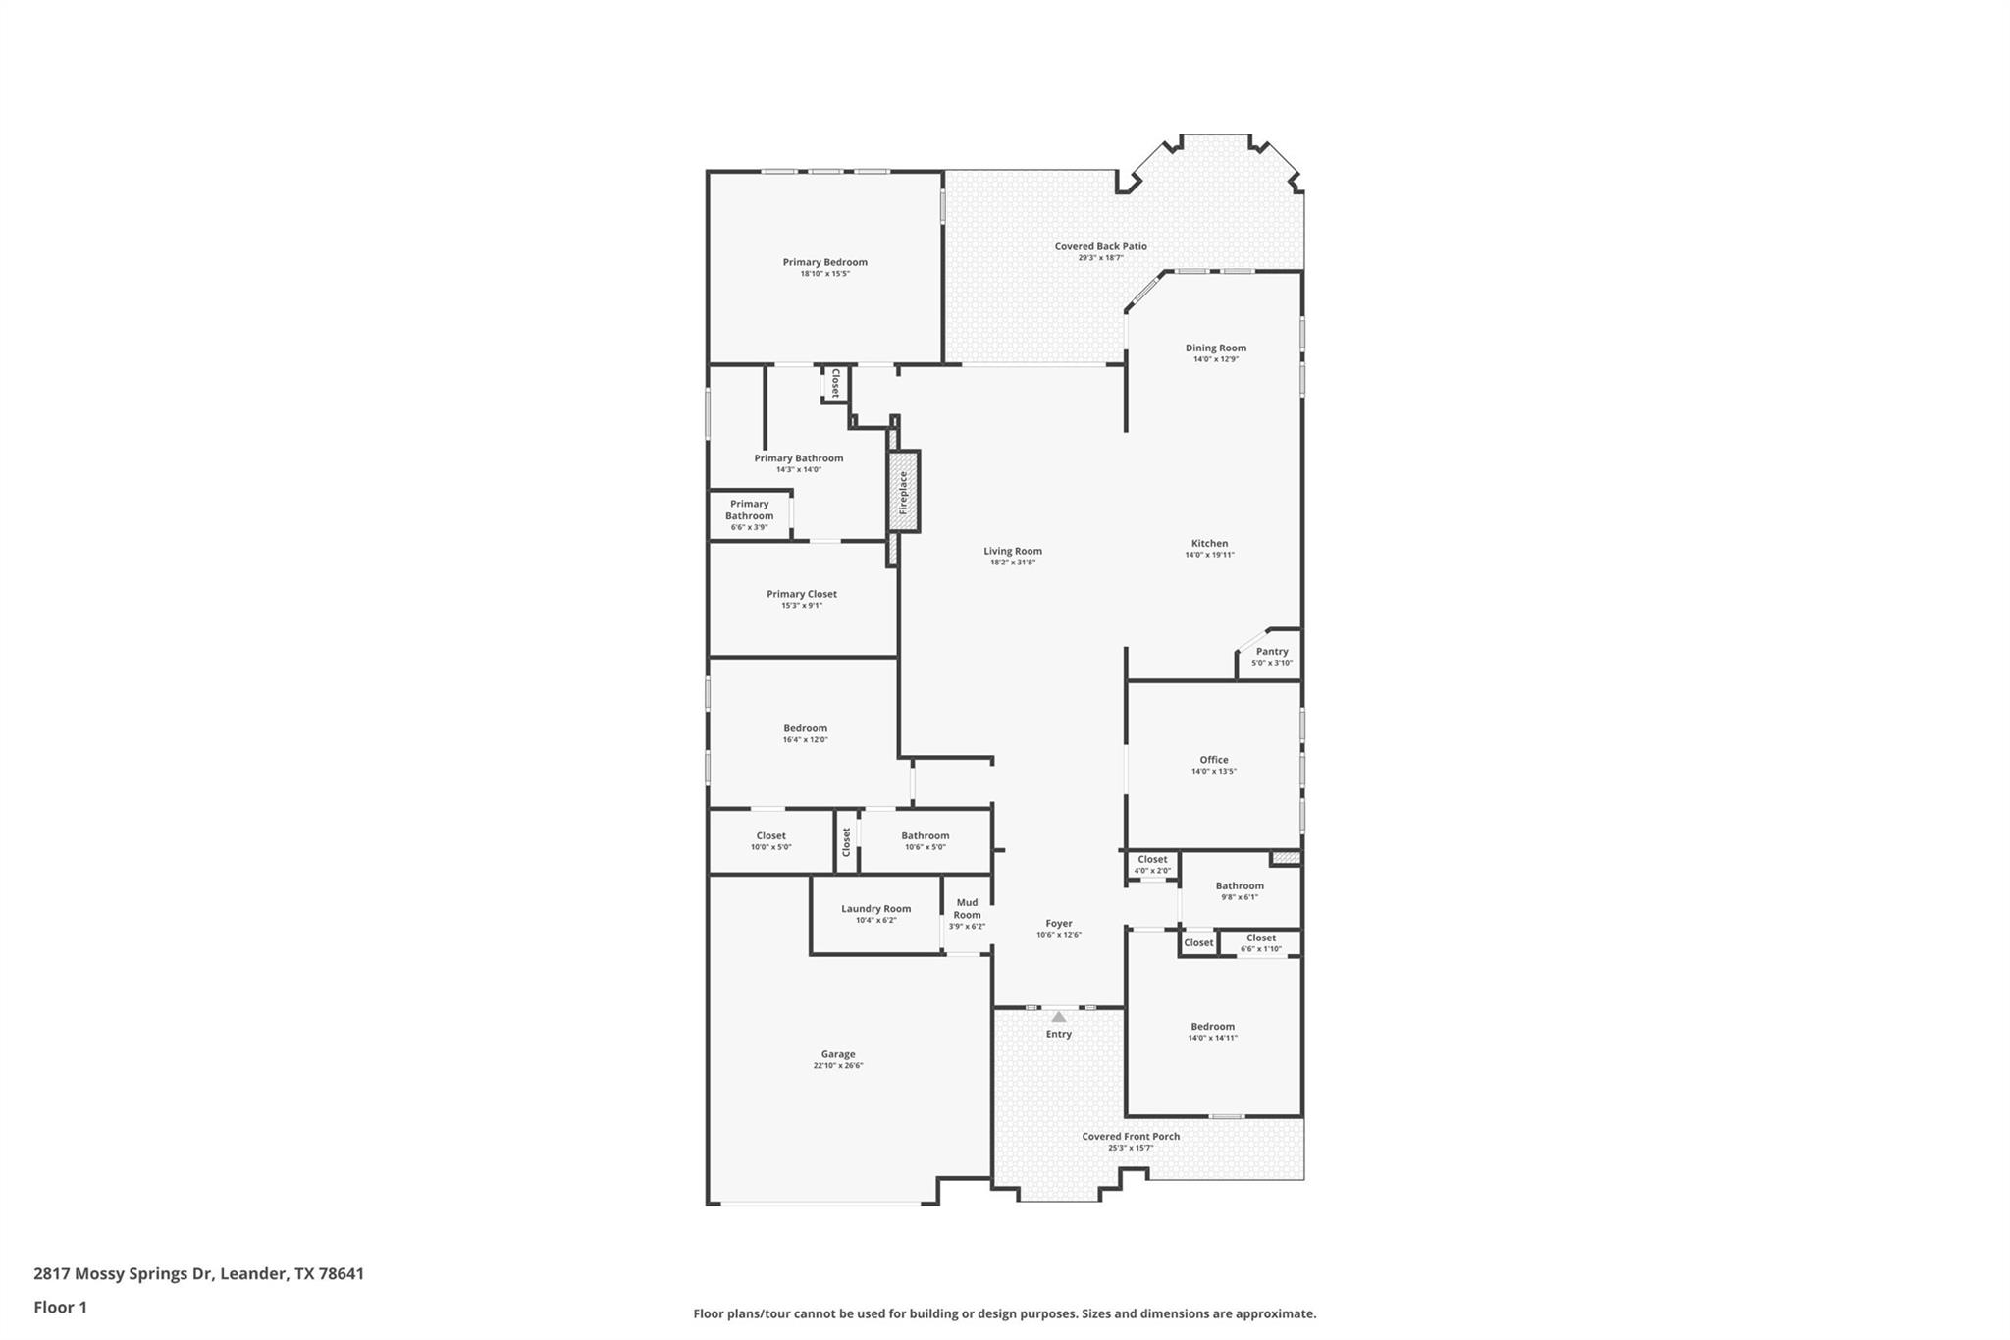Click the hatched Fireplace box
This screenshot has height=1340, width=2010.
(x=904, y=492)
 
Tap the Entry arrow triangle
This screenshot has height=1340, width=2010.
(x=1058, y=1017)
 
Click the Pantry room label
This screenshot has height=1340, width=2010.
(x=1272, y=652)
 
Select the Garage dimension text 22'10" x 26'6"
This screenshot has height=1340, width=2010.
(x=837, y=1066)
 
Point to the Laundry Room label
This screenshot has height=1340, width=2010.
(x=875, y=909)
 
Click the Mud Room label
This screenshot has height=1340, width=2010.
(x=967, y=909)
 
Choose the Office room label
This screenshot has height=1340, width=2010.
(x=1213, y=760)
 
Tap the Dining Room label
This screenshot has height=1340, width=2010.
(x=1215, y=348)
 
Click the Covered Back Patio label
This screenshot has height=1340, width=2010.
(x=1100, y=246)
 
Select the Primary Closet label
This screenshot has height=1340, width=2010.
(x=801, y=594)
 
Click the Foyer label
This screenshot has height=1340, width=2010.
(x=1058, y=924)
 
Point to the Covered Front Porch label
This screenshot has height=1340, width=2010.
(x=1131, y=1137)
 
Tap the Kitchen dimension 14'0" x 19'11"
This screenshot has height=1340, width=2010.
(x=1209, y=556)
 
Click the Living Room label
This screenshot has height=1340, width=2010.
(x=1013, y=552)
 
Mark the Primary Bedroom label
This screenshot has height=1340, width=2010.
(x=824, y=262)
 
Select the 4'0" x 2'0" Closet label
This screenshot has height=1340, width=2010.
(x=1152, y=860)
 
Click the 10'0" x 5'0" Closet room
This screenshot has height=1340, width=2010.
(x=770, y=841)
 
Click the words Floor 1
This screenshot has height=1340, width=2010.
(x=60, y=1308)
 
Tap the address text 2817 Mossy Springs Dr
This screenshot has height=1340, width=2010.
(x=123, y=1274)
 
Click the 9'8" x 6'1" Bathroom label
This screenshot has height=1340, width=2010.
(x=1240, y=886)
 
